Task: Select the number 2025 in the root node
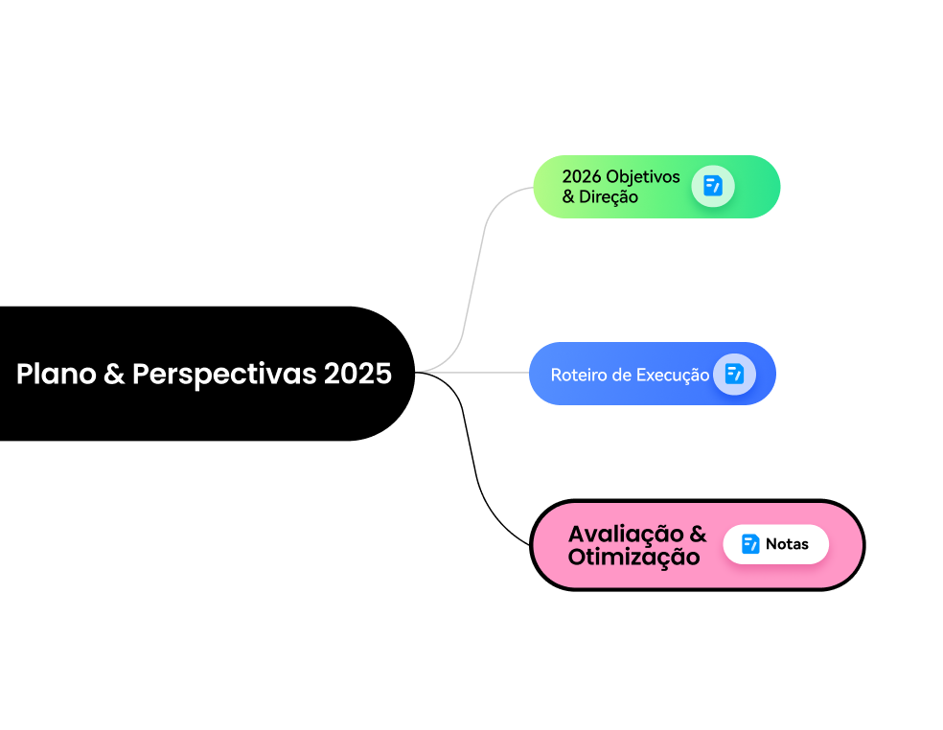357,374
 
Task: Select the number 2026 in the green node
582,177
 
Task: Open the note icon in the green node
713,186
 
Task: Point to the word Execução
673,375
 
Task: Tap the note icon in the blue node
734,374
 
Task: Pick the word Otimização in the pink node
633,557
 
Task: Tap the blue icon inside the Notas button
750,544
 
